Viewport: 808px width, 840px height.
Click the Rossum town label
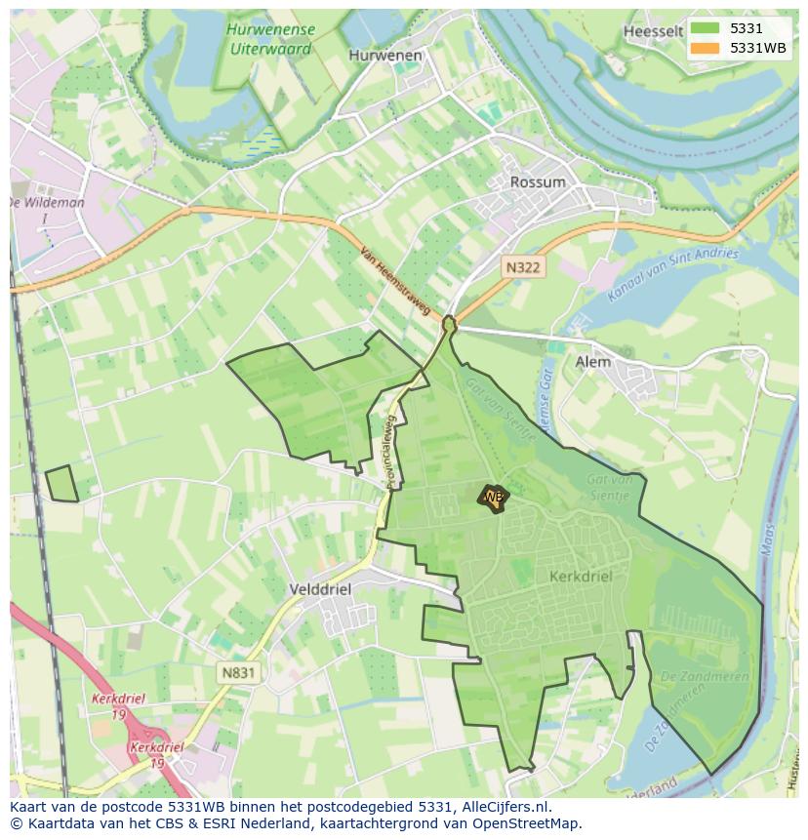(x=538, y=182)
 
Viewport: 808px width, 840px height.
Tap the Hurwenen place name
(x=385, y=56)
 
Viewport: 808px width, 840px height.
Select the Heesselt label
(x=652, y=31)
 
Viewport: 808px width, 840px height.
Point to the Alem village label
(x=593, y=362)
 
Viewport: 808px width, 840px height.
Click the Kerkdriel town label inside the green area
(x=581, y=577)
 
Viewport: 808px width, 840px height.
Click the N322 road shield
(x=523, y=266)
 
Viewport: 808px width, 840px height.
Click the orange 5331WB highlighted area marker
(x=493, y=498)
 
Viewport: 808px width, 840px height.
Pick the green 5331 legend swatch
(x=704, y=29)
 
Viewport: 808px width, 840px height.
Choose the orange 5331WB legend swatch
(x=704, y=48)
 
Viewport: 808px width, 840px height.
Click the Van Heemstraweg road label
(x=394, y=279)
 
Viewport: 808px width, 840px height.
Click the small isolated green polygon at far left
(x=61, y=484)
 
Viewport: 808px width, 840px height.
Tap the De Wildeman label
(x=46, y=203)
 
